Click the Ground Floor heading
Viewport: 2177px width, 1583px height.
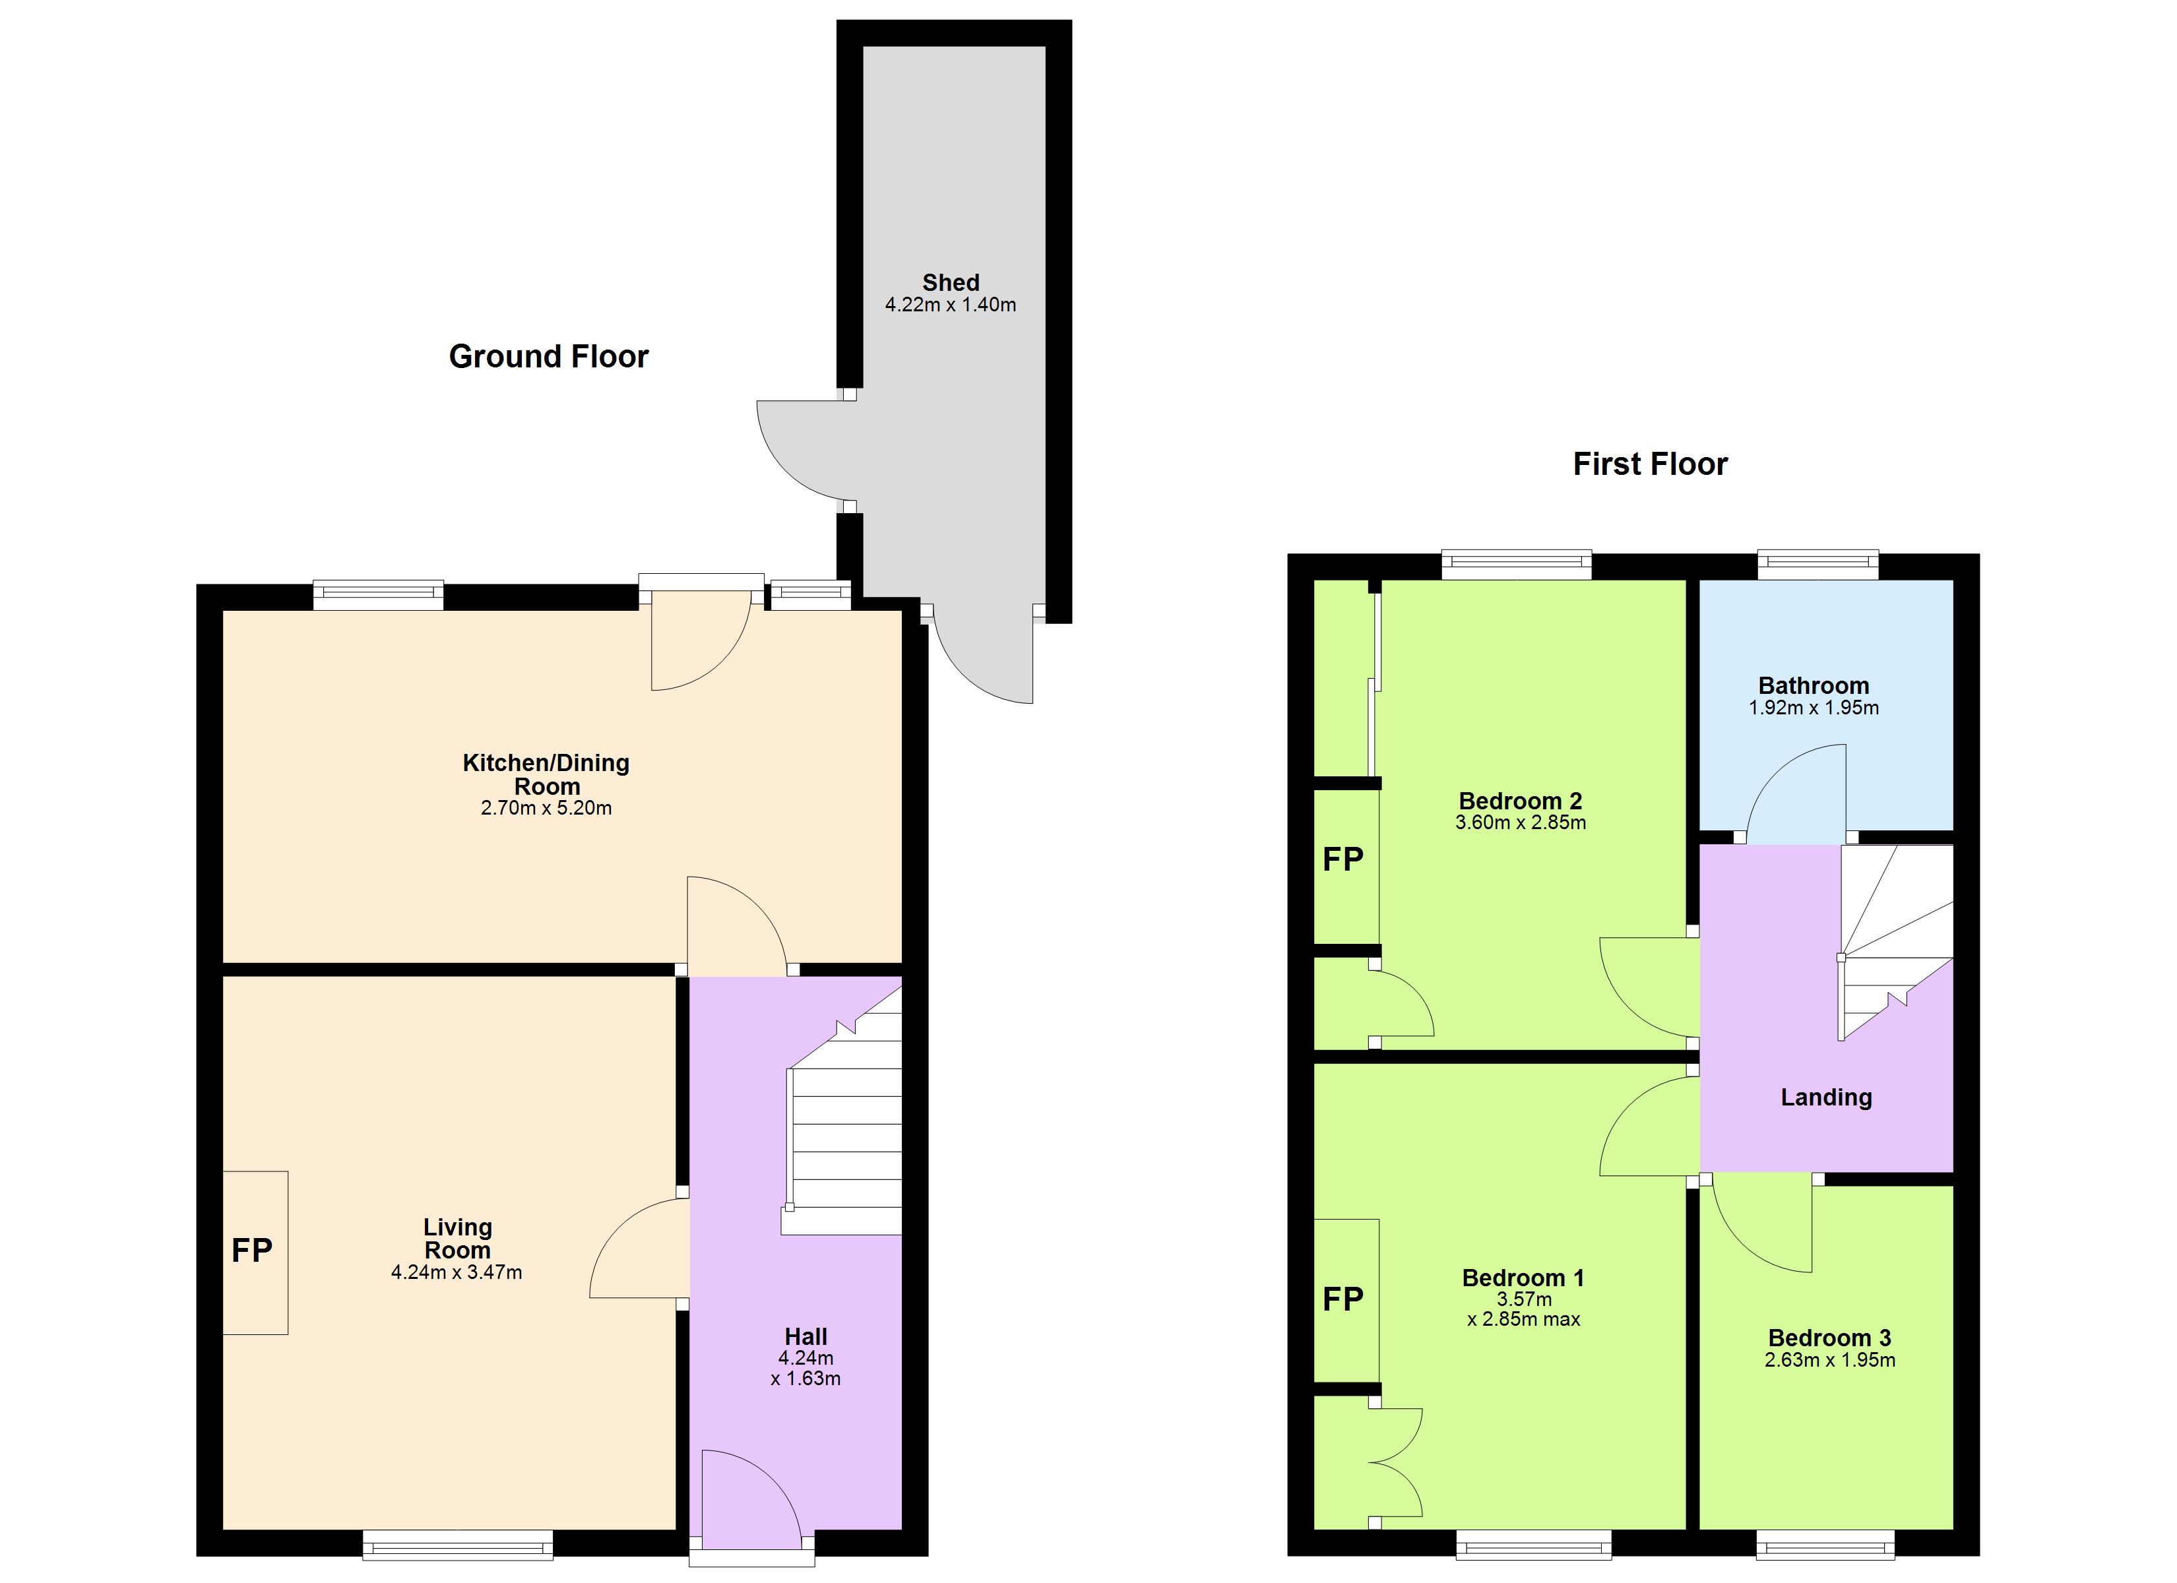tap(548, 356)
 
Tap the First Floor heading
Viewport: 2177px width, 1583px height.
tap(1650, 464)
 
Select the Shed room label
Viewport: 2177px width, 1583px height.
tap(950, 282)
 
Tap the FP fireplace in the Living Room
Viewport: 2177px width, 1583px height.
tap(253, 1250)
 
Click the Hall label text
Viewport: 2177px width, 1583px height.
tap(805, 1336)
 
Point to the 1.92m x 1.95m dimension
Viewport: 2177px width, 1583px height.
tap(1814, 708)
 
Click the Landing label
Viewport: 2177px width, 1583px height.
tap(1825, 1098)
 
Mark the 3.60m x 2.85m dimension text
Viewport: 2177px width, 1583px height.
tap(1521, 822)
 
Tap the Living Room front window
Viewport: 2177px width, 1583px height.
tap(458, 1543)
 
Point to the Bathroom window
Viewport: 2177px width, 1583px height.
tap(1817, 565)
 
